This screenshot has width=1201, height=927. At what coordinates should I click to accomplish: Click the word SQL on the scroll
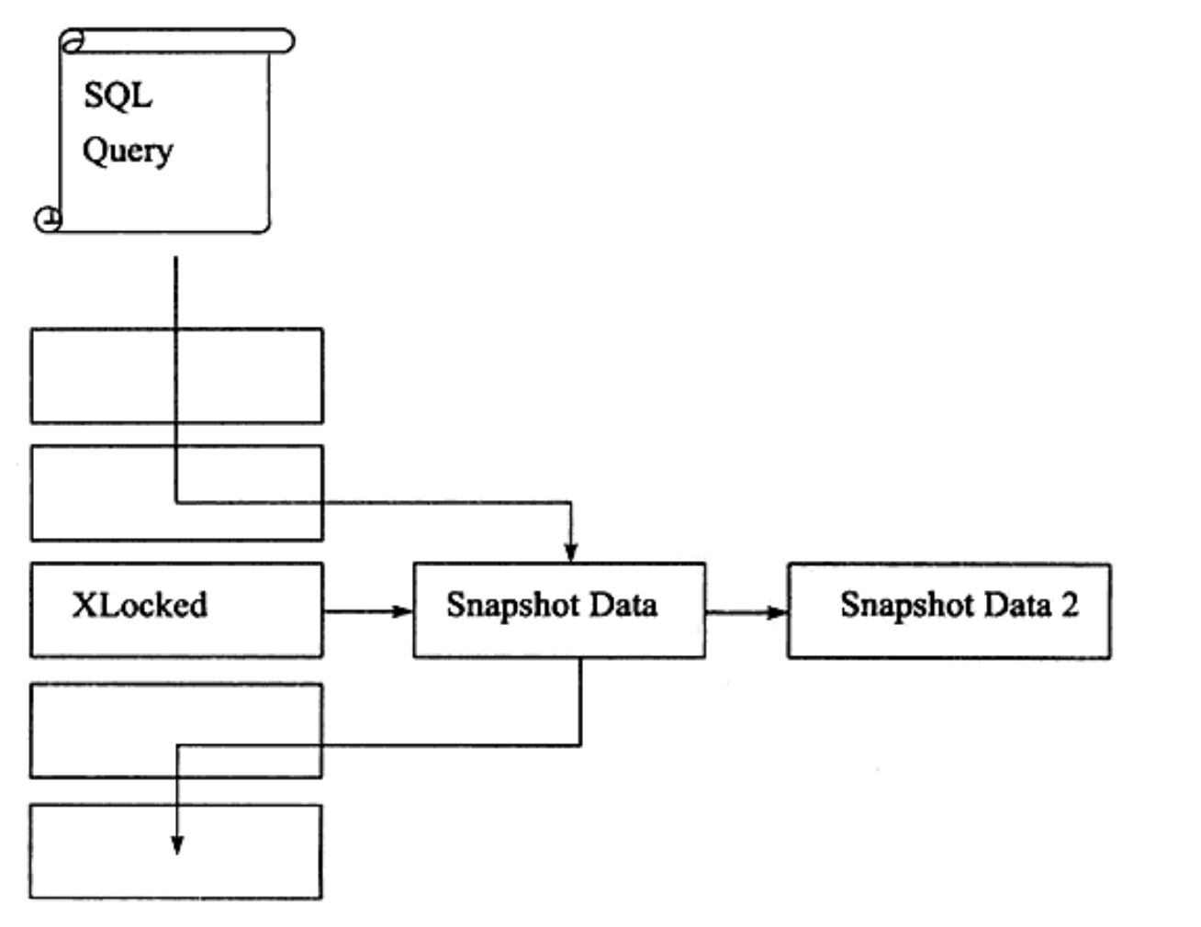coord(118,96)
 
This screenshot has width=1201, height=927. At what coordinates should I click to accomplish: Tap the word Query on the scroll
coord(128,151)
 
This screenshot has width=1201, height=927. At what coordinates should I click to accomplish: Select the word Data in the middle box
coord(623,604)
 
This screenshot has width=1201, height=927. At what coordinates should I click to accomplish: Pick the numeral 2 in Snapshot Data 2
coord(1070,604)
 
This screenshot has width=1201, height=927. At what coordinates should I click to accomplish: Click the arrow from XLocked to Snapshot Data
coord(368,611)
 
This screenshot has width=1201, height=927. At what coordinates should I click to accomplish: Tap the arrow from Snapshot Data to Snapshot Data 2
coord(746,612)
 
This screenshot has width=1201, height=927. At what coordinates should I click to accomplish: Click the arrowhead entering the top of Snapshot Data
coord(571,553)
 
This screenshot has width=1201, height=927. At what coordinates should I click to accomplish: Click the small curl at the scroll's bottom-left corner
coord(48,219)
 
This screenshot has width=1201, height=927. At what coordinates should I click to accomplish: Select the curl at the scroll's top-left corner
coord(72,41)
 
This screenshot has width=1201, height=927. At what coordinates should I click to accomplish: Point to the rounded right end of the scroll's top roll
coord(287,41)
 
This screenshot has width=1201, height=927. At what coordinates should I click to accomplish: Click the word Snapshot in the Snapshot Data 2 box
coord(907,606)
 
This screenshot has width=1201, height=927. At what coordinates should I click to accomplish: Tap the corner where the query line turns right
coord(176,502)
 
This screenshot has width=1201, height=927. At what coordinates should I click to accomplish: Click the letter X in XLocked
coord(85,604)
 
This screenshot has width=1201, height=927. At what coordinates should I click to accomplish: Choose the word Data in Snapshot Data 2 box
coord(1017,604)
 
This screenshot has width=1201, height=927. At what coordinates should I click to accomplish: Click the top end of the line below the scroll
coord(175,257)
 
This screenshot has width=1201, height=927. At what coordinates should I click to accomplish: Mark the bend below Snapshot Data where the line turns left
coord(580,746)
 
